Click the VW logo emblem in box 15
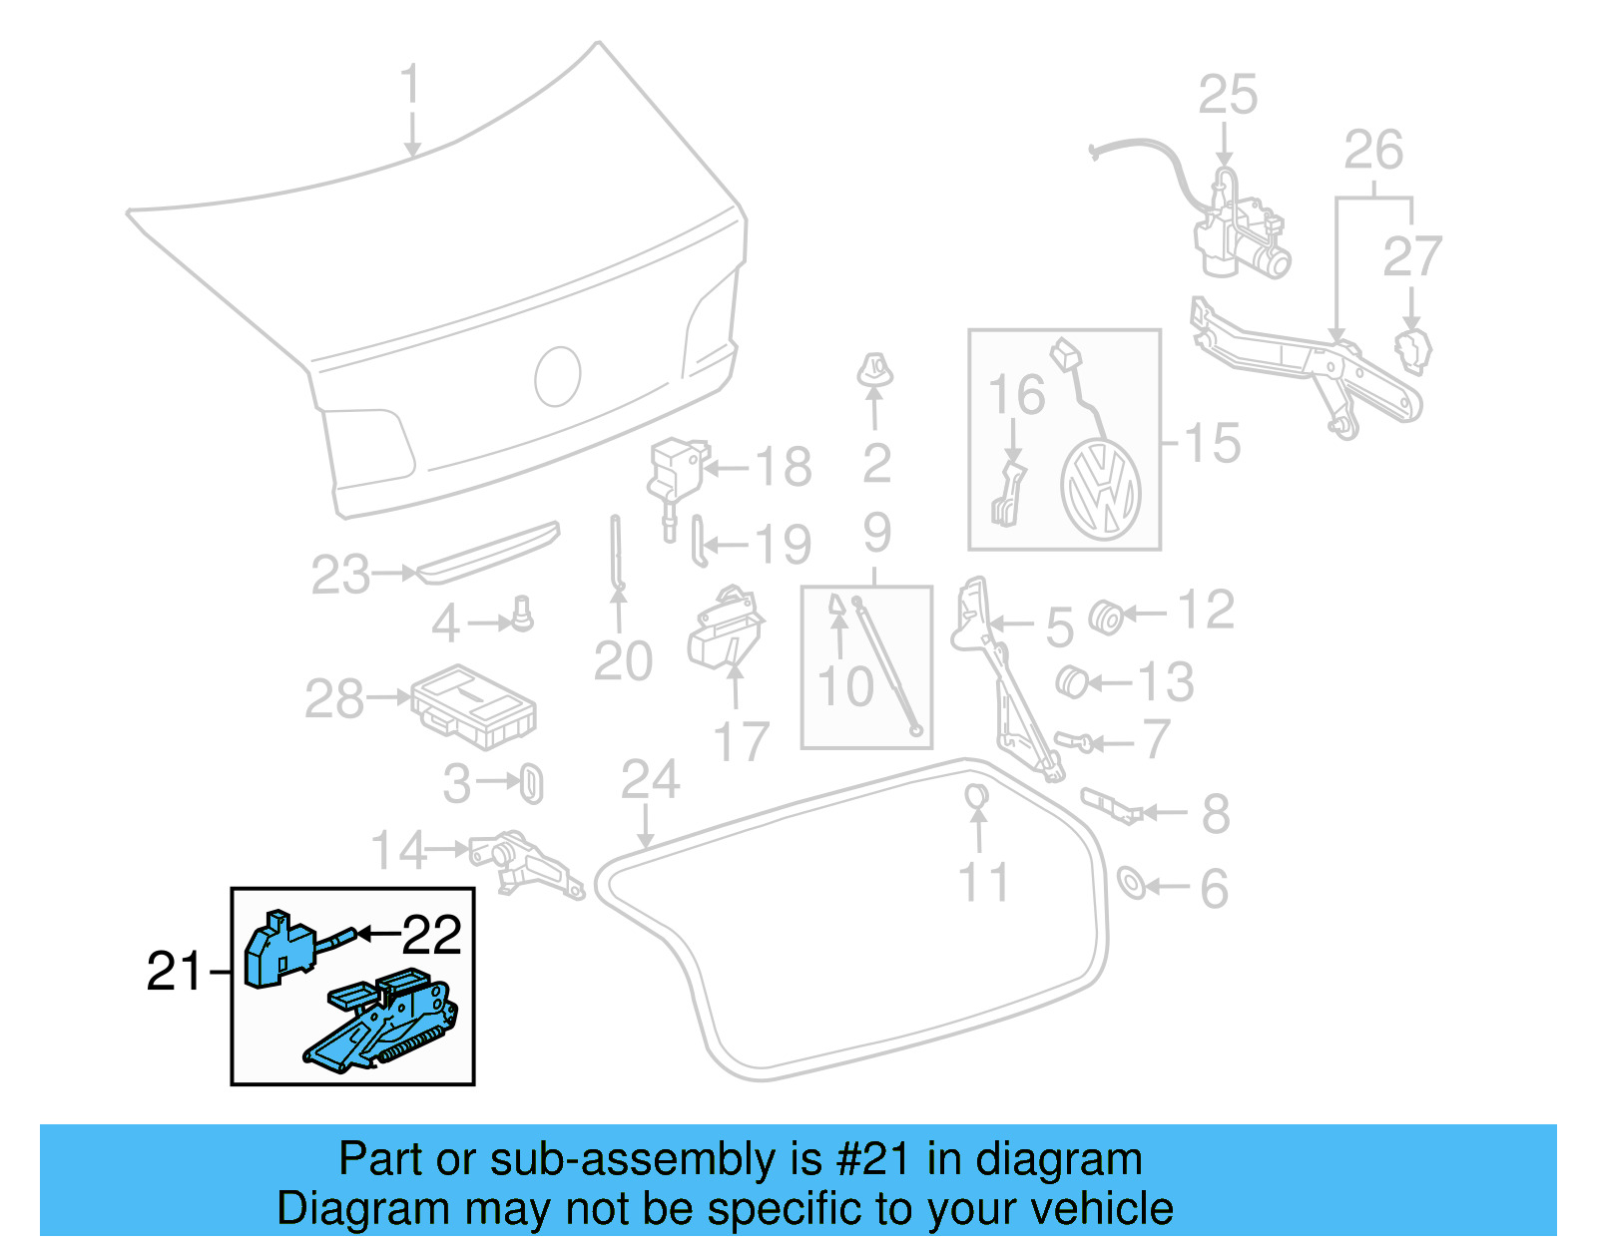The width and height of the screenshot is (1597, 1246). pos(1101,489)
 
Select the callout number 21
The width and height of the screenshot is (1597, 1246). pos(175,971)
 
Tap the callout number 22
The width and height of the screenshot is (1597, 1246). pos(432,935)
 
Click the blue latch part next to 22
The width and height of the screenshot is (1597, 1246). pos(278,949)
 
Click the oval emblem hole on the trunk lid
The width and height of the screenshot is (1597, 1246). pos(558,376)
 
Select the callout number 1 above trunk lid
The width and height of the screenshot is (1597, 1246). pos(410,86)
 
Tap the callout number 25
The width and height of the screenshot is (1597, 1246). pos(1228,96)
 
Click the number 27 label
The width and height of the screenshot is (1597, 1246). pos(1412,257)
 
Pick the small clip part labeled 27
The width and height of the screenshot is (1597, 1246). pos(1411,350)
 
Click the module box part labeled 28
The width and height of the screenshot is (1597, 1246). pos(474,706)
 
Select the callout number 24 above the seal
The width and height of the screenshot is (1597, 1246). pos(650,781)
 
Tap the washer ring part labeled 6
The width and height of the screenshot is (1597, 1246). pos(1132,882)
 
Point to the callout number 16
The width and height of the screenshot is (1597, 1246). pos(1016,396)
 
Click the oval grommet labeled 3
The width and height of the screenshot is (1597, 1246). pos(532,784)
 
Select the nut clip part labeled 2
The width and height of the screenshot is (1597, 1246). pos(875,371)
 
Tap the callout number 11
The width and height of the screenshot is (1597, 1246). pos(983,883)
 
